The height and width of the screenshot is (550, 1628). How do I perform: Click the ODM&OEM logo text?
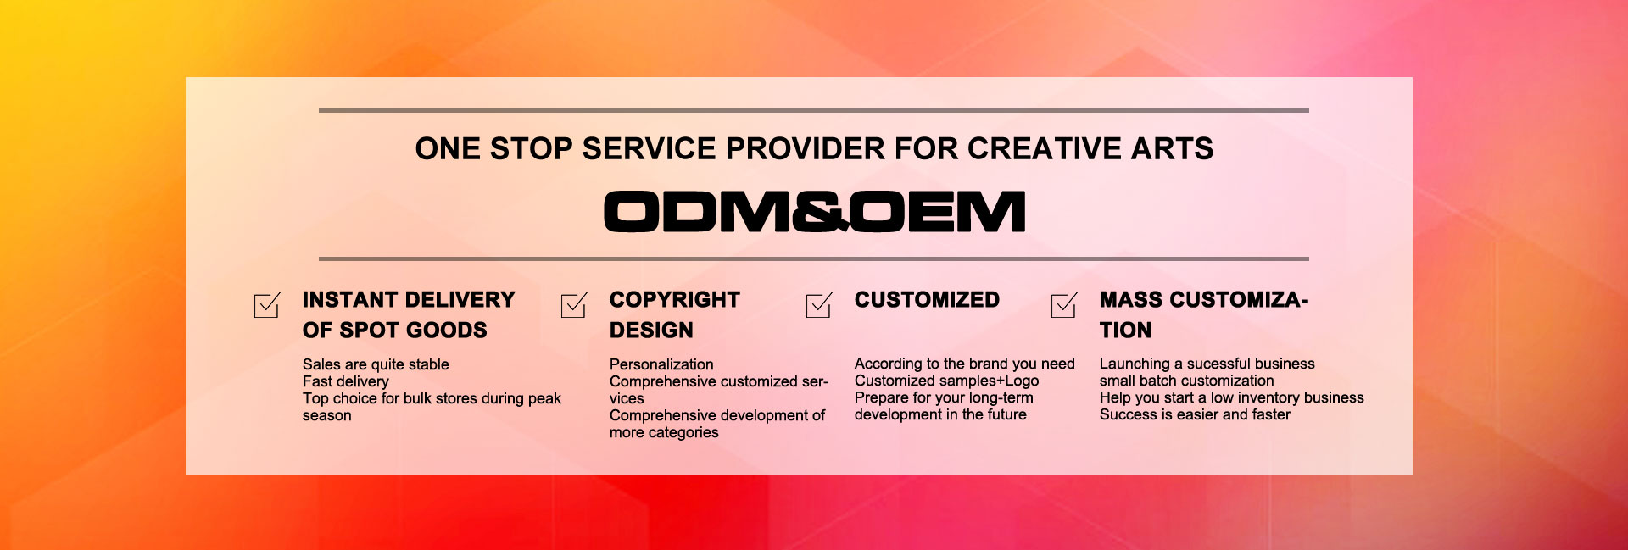(815, 211)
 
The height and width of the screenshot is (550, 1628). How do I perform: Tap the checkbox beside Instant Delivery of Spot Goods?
(267, 305)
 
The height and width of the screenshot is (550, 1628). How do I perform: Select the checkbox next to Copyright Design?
(574, 305)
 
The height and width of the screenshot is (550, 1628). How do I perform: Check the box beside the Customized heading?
(819, 305)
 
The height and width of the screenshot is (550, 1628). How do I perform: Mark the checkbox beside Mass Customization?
(1064, 305)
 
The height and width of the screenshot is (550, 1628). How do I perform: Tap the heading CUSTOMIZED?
(927, 300)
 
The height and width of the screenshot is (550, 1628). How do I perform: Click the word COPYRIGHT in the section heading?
(675, 300)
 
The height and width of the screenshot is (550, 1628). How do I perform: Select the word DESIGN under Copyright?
(651, 331)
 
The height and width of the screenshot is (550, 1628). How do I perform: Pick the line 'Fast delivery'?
(346, 382)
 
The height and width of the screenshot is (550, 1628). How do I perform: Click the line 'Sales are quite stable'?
(376, 364)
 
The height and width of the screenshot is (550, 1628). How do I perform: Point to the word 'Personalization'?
(661, 364)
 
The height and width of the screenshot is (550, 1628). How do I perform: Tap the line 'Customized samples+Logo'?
(946, 381)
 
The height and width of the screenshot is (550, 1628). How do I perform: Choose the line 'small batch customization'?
(1186, 381)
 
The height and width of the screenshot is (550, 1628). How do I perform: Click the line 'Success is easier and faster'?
(1195, 414)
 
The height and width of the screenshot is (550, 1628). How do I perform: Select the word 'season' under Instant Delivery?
(326, 416)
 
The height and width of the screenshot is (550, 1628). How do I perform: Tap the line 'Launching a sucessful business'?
(1207, 364)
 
